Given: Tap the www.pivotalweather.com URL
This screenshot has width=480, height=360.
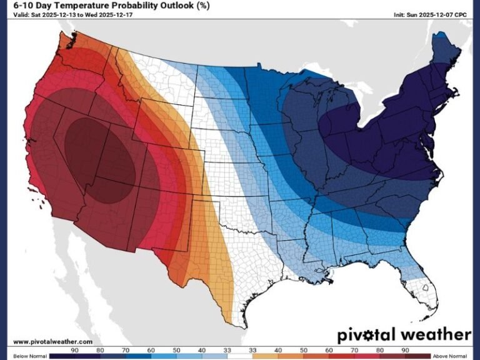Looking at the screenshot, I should coord(52,341).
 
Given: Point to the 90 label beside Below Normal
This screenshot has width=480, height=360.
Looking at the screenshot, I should coord(74,349).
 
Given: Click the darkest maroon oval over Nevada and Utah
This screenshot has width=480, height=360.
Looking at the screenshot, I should coord(100,159).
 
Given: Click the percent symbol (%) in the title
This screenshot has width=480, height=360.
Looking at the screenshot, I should coord(204,6).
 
